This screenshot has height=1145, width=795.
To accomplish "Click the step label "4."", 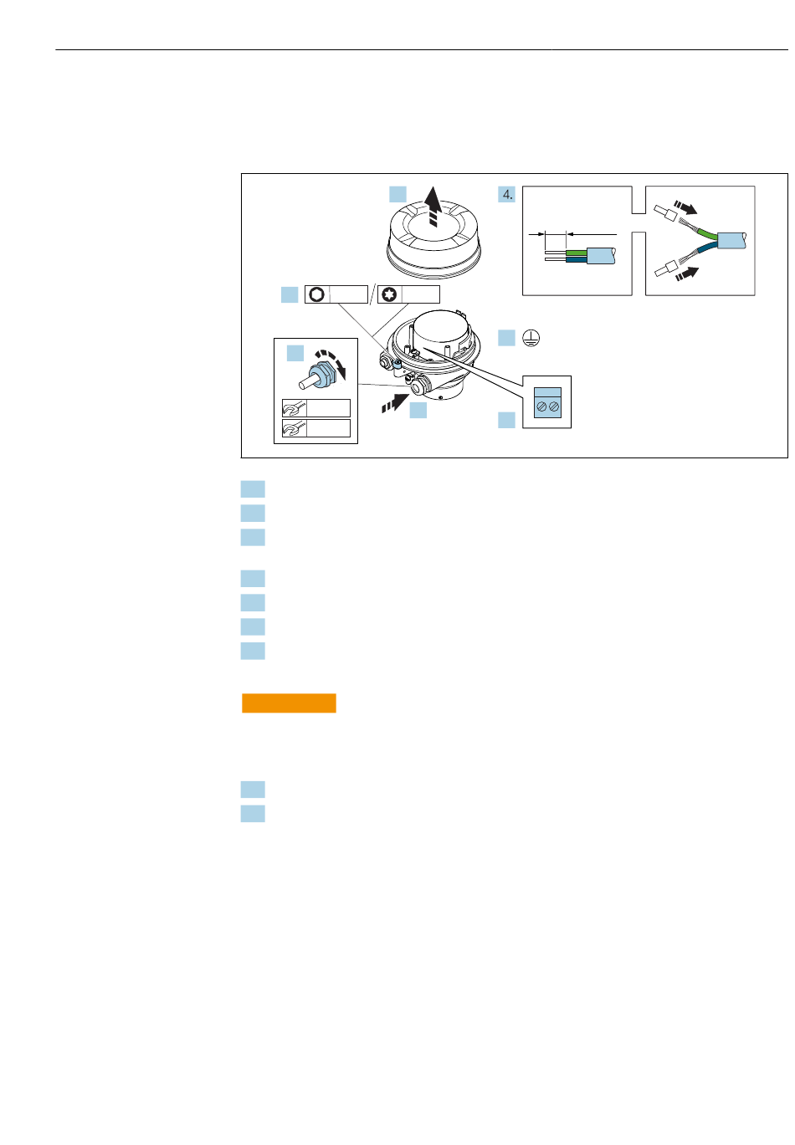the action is click(506, 194).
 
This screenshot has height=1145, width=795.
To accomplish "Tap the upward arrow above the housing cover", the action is click(433, 207).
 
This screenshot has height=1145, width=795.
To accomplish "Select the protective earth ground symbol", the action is click(531, 338).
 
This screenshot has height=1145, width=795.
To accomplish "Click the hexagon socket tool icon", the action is click(316, 294).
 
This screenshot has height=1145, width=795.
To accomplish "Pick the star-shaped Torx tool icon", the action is click(389, 294).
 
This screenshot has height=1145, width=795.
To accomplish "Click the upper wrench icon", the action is click(295, 408).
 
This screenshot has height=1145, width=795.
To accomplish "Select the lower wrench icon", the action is click(295, 428).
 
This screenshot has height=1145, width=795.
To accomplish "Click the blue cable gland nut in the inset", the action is click(322, 374).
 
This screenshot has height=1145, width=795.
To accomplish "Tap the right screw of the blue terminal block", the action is click(553, 407).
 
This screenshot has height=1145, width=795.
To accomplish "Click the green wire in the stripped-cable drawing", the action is click(576, 253).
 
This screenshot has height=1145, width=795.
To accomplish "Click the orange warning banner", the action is click(289, 703).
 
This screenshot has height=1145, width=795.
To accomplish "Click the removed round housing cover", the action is click(433, 238).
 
